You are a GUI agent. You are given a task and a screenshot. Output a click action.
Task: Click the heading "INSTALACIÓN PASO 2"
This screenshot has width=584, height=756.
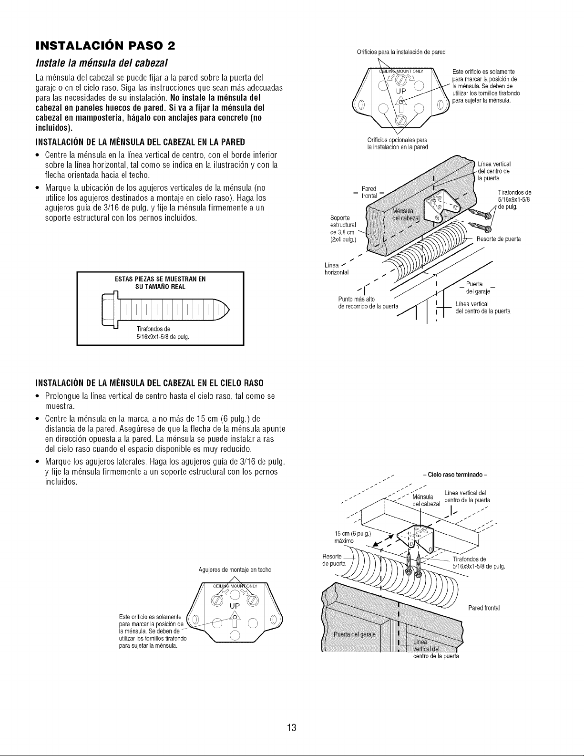[x=105, y=46]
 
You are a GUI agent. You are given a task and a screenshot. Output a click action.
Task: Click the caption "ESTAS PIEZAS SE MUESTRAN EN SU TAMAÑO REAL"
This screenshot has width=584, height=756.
[x=160, y=283]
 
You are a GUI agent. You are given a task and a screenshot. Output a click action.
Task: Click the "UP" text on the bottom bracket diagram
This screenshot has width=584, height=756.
[x=235, y=606]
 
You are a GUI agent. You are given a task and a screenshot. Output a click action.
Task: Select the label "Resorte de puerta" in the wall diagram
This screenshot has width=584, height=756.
[x=499, y=239]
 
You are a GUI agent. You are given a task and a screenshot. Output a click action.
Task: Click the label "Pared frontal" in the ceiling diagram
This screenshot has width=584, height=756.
[x=484, y=608]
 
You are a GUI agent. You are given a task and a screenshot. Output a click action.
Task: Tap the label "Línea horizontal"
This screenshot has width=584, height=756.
[x=337, y=269]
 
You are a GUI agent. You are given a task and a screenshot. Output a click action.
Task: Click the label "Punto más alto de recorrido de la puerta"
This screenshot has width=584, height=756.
[x=368, y=303]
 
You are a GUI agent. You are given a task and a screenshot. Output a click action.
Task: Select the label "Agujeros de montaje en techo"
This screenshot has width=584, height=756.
[x=235, y=570]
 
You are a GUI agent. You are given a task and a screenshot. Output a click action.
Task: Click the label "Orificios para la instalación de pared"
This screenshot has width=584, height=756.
[x=401, y=52]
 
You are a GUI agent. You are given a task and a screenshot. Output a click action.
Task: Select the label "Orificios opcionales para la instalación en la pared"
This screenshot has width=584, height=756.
[x=397, y=144]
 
